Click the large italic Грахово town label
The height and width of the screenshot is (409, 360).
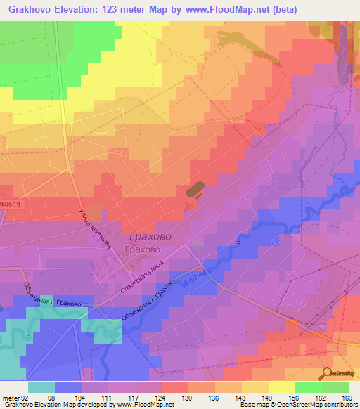tap(150, 238)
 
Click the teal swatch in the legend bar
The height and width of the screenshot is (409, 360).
tap(41, 387)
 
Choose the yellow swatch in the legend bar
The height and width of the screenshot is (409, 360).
tap(281, 387)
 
